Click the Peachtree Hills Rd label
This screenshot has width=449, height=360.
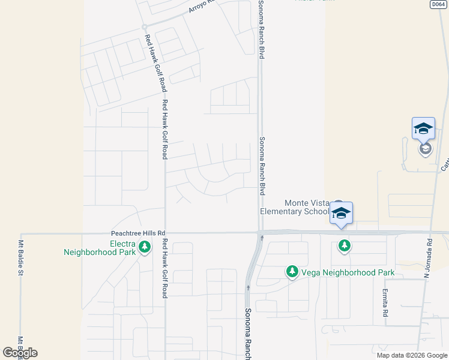138,233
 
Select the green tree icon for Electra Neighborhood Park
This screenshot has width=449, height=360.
144,247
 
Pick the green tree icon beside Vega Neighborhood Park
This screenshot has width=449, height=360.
292,272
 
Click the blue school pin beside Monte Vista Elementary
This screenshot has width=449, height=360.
341,214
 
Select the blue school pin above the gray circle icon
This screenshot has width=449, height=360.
423,128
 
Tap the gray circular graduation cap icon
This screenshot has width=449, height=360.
426,148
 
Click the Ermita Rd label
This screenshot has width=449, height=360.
385,303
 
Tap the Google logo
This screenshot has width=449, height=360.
20,353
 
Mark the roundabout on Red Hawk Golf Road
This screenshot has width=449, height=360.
145,27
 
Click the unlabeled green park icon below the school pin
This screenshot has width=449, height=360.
344,245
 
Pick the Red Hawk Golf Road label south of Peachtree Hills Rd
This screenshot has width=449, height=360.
164,268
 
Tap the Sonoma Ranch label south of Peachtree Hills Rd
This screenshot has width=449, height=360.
247,334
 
